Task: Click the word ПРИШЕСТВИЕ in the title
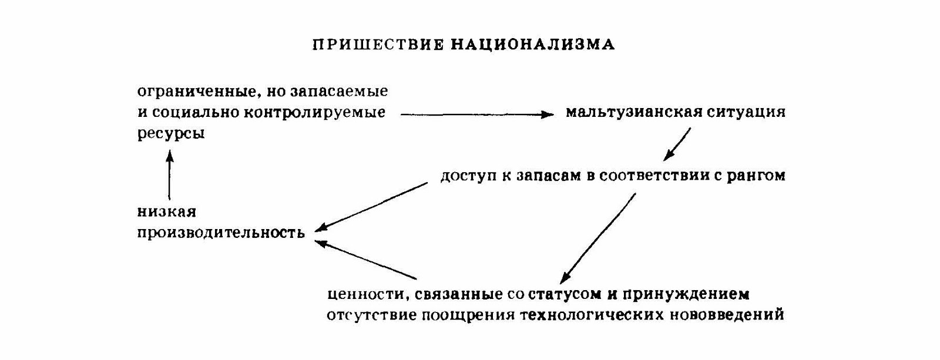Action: (x=377, y=45)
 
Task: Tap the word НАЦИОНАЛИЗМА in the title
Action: (x=532, y=45)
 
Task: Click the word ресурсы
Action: (x=171, y=134)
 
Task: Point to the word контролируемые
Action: (x=320, y=113)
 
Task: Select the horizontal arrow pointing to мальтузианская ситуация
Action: (x=476, y=115)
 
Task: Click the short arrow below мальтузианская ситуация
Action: (x=677, y=144)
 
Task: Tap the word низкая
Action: (x=166, y=211)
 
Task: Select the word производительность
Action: (x=221, y=233)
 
